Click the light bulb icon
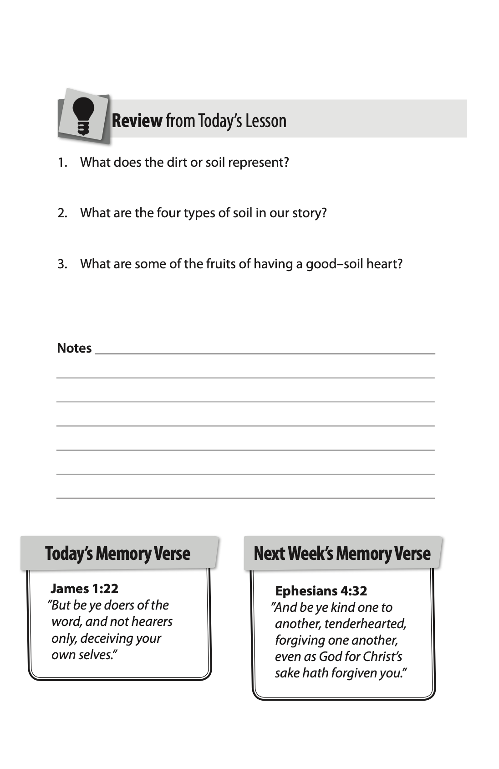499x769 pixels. (x=83, y=116)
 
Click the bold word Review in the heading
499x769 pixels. (x=137, y=121)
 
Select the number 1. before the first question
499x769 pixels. (x=62, y=163)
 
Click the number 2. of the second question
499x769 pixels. (x=62, y=213)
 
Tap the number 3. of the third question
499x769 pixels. (x=62, y=264)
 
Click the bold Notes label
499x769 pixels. (x=74, y=348)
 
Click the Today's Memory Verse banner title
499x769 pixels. (x=117, y=554)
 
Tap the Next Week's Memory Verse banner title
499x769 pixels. (x=342, y=554)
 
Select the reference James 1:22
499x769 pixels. (x=84, y=589)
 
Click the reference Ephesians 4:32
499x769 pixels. (x=321, y=591)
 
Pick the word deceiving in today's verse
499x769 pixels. (x=106, y=638)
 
